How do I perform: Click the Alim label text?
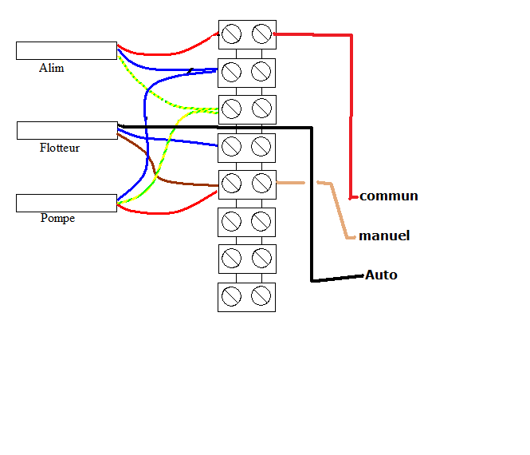click(x=51, y=69)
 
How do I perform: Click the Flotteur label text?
click(x=60, y=148)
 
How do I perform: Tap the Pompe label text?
click(x=57, y=218)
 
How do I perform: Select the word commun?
click(x=389, y=196)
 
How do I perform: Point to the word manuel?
click(x=384, y=235)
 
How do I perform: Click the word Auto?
click(x=381, y=275)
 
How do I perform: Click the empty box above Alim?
click(x=66, y=50)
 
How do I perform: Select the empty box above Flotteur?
click(x=67, y=130)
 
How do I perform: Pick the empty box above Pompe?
click(x=66, y=203)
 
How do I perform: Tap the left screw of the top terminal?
click(x=232, y=34)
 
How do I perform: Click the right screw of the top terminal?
click(x=261, y=34)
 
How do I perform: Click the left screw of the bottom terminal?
click(x=232, y=296)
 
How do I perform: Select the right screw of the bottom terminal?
click(x=261, y=296)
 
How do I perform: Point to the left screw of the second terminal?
click(x=232, y=72)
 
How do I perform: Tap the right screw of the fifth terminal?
click(x=261, y=184)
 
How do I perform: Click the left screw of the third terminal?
click(x=232, y=109)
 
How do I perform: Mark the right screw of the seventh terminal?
click(x=261, y=259)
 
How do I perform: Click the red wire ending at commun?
click(x=350, y=112)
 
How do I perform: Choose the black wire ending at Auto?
click(x=312, y=208)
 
